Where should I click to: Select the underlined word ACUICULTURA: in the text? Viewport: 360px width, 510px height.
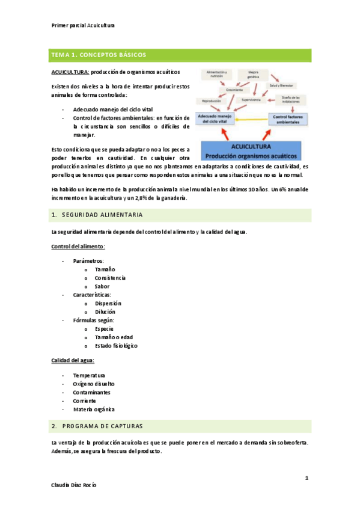pos(70,72)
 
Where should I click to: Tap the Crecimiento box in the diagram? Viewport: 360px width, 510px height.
pos(234,90)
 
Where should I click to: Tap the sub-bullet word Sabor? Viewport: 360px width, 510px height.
pos(102,286)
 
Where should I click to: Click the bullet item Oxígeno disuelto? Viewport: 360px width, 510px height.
pos(94,383)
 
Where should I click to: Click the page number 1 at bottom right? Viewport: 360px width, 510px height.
pos(307,478)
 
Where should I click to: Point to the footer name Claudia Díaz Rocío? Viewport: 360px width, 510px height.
pos(75,485)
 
